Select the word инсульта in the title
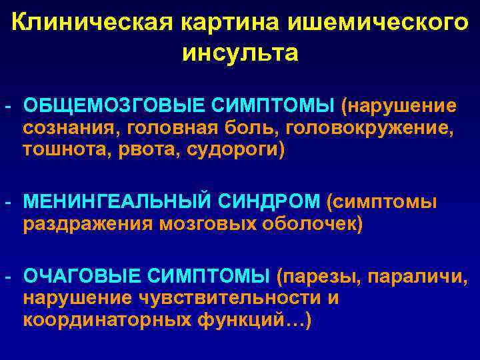click(x=240, y=53)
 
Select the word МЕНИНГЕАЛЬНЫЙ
click(x=116, y=201)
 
